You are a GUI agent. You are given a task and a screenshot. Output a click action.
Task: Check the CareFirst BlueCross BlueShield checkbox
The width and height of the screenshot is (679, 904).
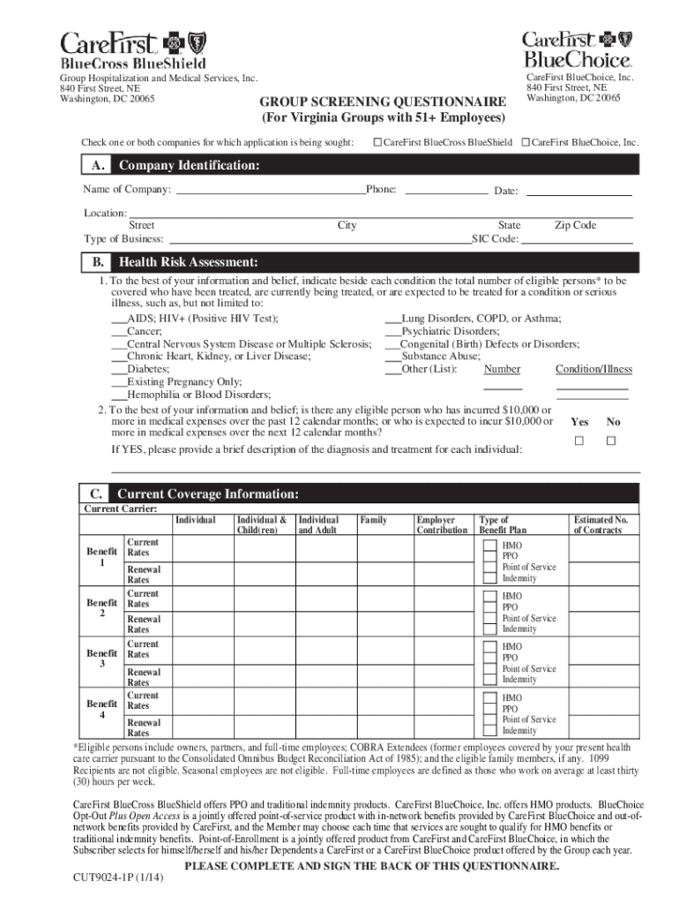[377, 142]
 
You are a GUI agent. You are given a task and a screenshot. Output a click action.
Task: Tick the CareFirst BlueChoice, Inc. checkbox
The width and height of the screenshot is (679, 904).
[526, 142]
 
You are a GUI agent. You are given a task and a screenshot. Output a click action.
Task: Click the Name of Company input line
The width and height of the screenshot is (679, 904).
[270, 190]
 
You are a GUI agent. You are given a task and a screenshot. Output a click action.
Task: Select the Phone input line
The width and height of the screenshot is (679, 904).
[445, 190]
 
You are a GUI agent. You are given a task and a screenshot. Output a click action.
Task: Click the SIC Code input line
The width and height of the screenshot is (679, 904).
[577, 239]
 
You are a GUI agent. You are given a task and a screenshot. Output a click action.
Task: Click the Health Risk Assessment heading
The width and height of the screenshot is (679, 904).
[188, 262]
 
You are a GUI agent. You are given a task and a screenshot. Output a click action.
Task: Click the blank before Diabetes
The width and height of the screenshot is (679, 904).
[119, 370]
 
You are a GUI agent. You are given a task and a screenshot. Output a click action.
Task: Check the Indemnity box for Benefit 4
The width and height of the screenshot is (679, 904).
[489, 730]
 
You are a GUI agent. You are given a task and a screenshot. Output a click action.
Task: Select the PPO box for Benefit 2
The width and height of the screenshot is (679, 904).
[489, 607]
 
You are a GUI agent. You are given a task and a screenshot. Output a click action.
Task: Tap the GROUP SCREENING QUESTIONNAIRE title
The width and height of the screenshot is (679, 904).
[382, 102]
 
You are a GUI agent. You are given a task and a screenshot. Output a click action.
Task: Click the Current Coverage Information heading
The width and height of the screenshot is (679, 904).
[208, 493]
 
